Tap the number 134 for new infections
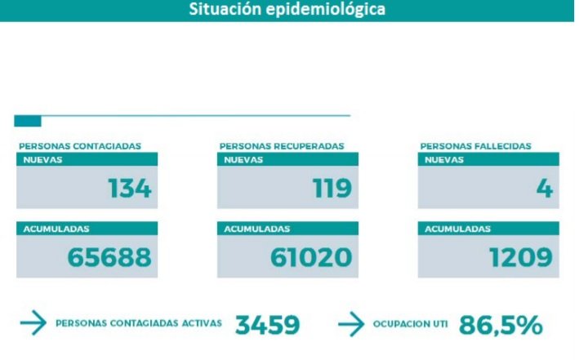[130, 189]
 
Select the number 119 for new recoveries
[332, 189]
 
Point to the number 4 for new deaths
[545, 189]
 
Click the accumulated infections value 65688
[109, 258]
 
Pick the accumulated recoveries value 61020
[311, 258]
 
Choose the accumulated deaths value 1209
[521, 258]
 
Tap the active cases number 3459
[268, 325]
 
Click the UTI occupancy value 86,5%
[501, 325]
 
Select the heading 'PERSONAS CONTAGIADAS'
[80, 146]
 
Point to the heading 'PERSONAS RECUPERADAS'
[282, 146]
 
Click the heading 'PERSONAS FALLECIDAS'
[476, 146]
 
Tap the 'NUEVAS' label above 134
[42, 160]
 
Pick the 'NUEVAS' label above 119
[243, 160]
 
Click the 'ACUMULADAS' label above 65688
[56, 229]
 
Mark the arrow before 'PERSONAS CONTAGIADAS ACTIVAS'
[33, 324]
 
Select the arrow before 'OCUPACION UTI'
[350, 324]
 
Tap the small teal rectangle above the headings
[28, 121]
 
